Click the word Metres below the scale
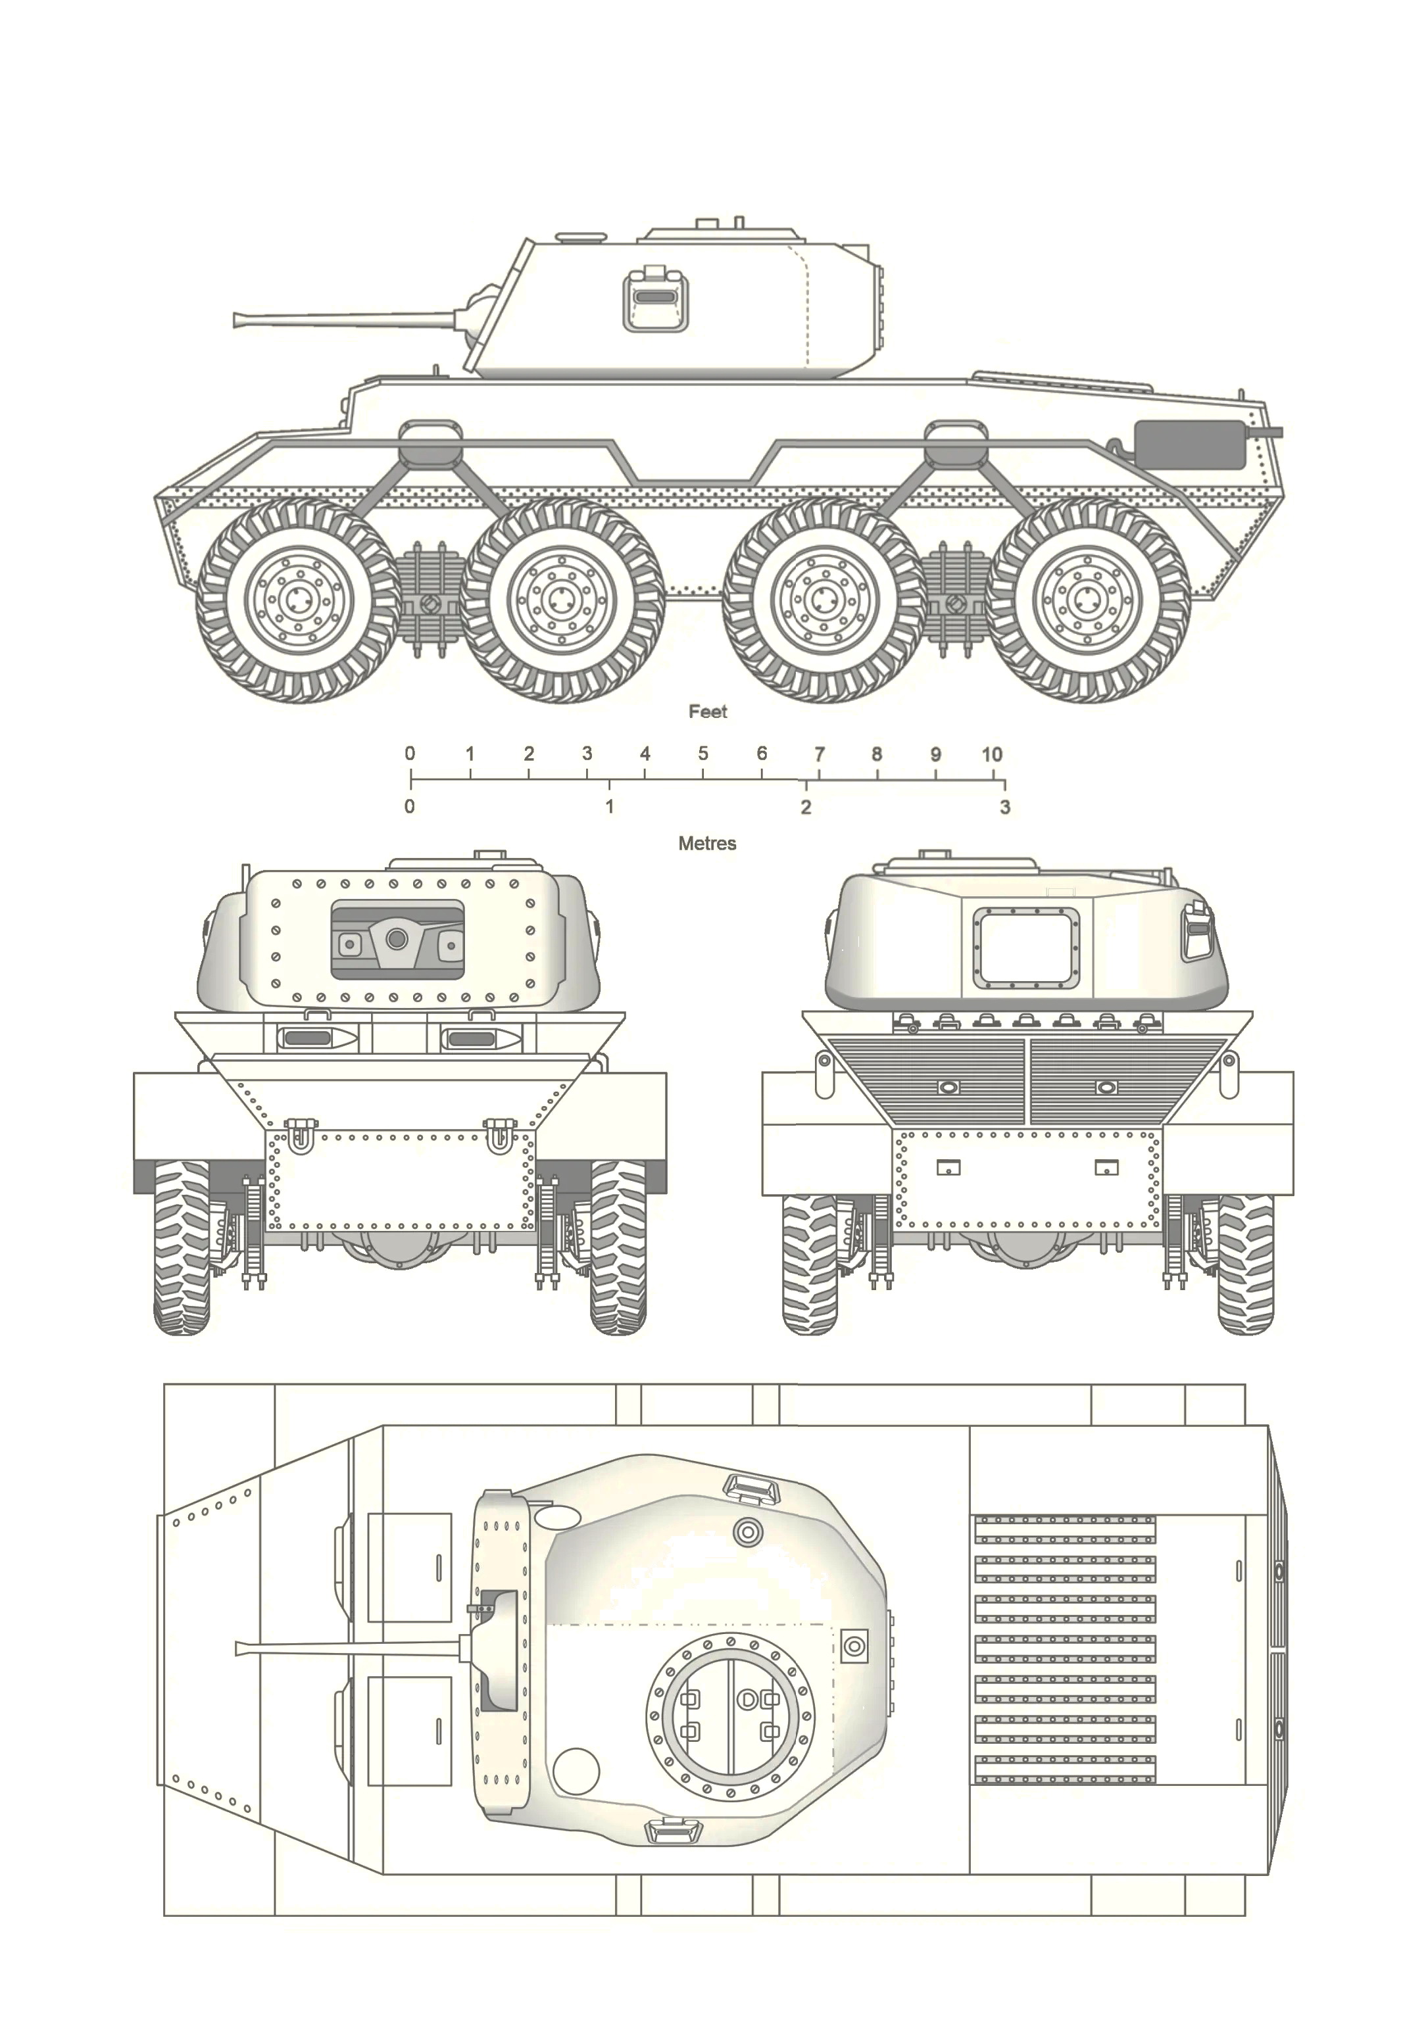(707, 844)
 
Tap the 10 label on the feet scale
(992, 754)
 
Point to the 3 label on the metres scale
(1005, 807)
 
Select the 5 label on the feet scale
(703, 754)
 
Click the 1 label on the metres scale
(609, 807)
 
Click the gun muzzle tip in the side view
(235, 320)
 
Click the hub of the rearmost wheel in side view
(1087, 602)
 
